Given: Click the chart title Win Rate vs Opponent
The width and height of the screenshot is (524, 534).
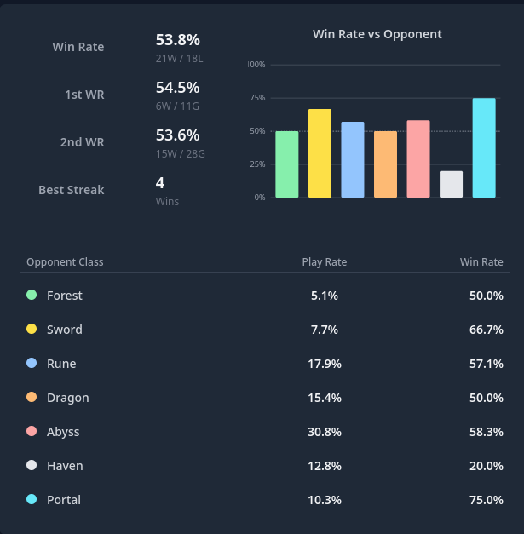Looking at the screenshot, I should (377, 34).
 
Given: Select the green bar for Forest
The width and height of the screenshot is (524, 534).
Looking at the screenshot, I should (287, 164).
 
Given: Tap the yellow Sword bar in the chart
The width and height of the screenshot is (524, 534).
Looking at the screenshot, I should (320, 153).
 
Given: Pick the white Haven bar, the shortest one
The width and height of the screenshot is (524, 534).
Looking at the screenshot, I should (452, 184).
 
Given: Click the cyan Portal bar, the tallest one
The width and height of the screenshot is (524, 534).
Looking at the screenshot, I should (484, 148).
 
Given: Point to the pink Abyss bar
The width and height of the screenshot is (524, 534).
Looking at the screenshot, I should (418, 159).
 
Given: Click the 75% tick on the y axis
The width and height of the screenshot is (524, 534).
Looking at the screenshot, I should (257, 98).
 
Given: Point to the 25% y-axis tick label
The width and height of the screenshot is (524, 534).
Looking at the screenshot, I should (257, 164).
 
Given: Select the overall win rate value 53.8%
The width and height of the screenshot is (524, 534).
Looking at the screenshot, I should (177, 39).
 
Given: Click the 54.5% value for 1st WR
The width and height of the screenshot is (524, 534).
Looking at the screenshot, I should (177, 87).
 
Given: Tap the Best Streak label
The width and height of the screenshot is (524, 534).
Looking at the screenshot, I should (72, 190).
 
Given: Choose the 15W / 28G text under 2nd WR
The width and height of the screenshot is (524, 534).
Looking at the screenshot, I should (181, 154).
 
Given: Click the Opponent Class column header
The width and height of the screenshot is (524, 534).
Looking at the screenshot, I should (65, 262).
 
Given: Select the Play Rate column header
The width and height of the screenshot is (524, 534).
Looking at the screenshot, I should (325, 262).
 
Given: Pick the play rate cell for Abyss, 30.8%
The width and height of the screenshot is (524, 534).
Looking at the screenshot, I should (325, 432).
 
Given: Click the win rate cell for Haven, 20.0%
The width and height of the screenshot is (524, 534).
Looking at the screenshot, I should (487, 466).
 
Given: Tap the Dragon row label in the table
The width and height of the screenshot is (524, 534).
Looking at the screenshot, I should (68, 398).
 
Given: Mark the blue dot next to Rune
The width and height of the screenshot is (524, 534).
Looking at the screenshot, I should (32, 363).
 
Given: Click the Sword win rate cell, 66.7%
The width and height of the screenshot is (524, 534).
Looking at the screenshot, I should (487, 330).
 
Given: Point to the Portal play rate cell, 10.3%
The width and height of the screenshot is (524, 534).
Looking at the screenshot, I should (325, 500).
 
